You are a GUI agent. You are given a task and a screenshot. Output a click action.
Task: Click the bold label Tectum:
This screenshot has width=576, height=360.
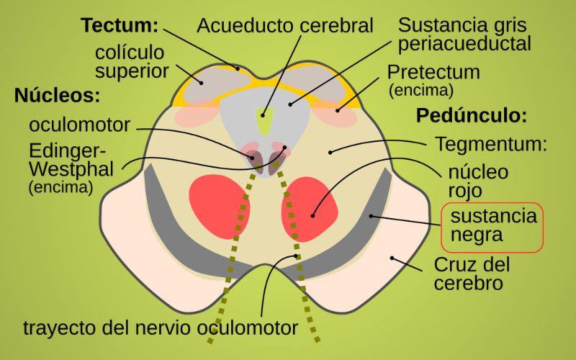[x=120, y=25]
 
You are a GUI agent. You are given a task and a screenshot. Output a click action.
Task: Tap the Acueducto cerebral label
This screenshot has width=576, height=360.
[x=285, y=26]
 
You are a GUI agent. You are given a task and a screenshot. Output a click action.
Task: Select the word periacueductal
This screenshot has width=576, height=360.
[x=464, y=44]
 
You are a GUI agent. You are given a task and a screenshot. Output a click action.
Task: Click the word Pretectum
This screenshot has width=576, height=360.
[x=433, y=73]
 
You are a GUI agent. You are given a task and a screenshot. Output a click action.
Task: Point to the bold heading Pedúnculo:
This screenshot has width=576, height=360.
[x=472, y=115]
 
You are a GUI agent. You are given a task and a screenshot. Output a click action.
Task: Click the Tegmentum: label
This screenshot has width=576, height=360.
[x=491, y=144]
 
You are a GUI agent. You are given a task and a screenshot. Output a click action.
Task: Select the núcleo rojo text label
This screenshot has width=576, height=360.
[x=478, y=181]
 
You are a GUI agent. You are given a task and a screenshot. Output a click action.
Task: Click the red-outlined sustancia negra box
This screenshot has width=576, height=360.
[x=492, y=228]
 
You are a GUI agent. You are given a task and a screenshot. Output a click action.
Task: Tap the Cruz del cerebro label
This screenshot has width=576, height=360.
[x=472, y=274]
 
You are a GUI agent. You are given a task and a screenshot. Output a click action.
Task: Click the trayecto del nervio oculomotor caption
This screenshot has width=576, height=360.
[x=161, y=328]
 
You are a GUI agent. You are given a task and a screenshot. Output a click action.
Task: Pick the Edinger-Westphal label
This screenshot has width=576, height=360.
[x=71, y=160]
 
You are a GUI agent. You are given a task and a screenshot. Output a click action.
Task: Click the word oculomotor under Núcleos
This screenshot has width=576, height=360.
[x=79, y=125]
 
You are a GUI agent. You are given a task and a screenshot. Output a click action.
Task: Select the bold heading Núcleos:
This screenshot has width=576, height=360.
[x=58, y=96]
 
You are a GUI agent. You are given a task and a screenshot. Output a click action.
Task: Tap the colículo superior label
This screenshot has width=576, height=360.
[x=132, y=62]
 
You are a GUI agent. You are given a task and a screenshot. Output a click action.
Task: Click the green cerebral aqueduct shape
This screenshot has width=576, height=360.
[x=265, y=120]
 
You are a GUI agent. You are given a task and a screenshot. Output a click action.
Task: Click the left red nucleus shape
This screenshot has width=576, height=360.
[x=220, y=207]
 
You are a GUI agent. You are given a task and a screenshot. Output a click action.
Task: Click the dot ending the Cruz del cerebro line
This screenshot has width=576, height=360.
[x=392, y=258]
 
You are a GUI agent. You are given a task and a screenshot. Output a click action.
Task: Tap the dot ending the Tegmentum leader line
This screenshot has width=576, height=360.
[x=330, y=152]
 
